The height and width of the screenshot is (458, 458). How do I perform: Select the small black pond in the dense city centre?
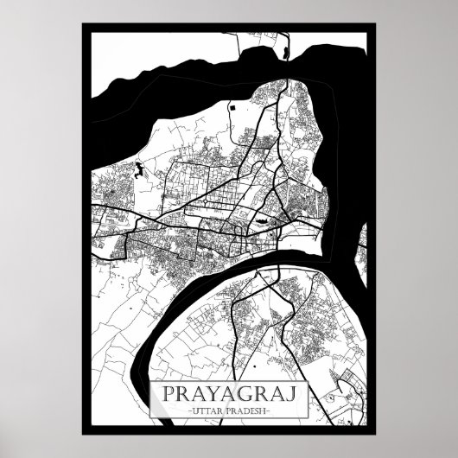(257, 228)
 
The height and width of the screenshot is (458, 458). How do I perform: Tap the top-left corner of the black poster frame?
(83, 23)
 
